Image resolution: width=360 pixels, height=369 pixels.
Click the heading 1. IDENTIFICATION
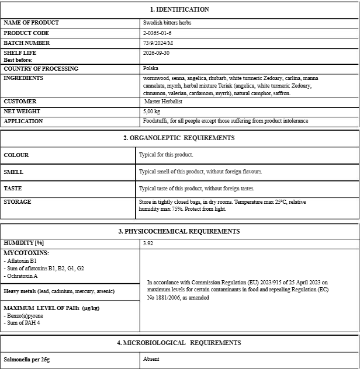(x=179, y=9)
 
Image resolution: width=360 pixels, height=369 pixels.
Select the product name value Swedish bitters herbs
(x=167, y=23)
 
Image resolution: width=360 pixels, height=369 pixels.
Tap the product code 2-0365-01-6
(x=157, y=33)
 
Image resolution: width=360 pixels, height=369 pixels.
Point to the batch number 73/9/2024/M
(x=159, y=43)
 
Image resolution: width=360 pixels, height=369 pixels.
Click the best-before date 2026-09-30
(x=157, y=53)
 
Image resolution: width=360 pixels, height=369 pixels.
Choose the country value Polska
(x=150, y=68)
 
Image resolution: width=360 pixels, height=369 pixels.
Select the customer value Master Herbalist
(x=163, y=102)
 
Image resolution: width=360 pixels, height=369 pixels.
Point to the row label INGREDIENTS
(x=23, y=78)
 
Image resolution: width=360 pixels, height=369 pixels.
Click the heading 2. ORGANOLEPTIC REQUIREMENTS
(x=179, y=138)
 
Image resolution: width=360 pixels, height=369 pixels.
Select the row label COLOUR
(x=16, y=155)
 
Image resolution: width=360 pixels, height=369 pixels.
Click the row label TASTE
(x=14, y=189)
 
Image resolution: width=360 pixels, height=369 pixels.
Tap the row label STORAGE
(x=18, y=202)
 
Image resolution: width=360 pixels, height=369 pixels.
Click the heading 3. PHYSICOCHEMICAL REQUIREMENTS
(x=179, y=232)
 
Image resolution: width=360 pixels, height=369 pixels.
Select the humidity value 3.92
(x=148, y=243)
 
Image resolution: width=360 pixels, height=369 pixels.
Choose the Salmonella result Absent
(x=151, y=359)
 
